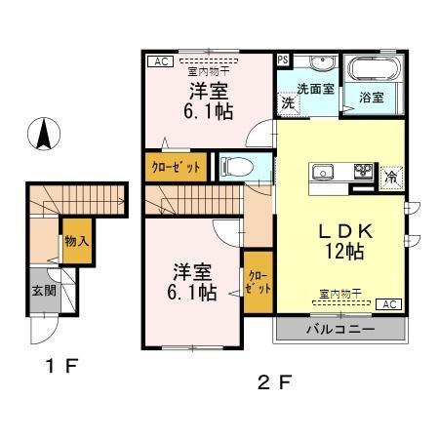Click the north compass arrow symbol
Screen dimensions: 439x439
click(43, 133)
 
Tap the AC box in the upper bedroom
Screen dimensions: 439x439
click(157, 60)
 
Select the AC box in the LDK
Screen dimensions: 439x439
click(388, 304)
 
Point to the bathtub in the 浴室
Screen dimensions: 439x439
click(372, 71)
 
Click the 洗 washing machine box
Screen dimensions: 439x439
click(289, 101)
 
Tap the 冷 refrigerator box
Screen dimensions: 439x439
click(390, 177)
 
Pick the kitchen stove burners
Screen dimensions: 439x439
click(363, 173)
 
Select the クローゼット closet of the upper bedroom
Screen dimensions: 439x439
click(176, 167)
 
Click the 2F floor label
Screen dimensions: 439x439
click(273, 381)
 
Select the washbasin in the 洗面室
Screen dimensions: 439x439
click(322, 66)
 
